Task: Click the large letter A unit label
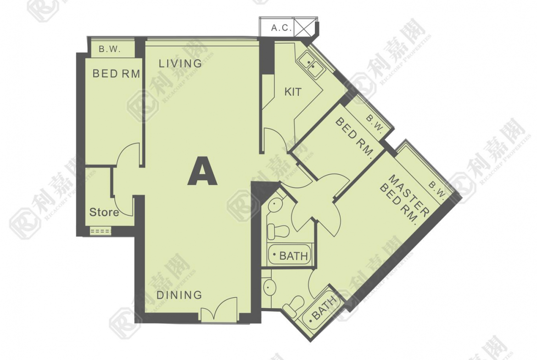[x=202, y=171]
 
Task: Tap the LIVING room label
[x=180, y=63]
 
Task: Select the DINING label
[x=179, y=294]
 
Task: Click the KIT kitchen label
[x=293, y=92]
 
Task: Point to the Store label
[x=104, y=212]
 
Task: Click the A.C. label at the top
[x=281, y=28]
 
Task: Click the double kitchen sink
[x=311, y=64]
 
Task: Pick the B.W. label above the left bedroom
[x=110, y=49]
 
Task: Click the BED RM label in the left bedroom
[x=116, y=73]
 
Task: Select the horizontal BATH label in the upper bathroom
[x=293, y=255]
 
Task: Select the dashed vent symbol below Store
[x=101, y=231]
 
